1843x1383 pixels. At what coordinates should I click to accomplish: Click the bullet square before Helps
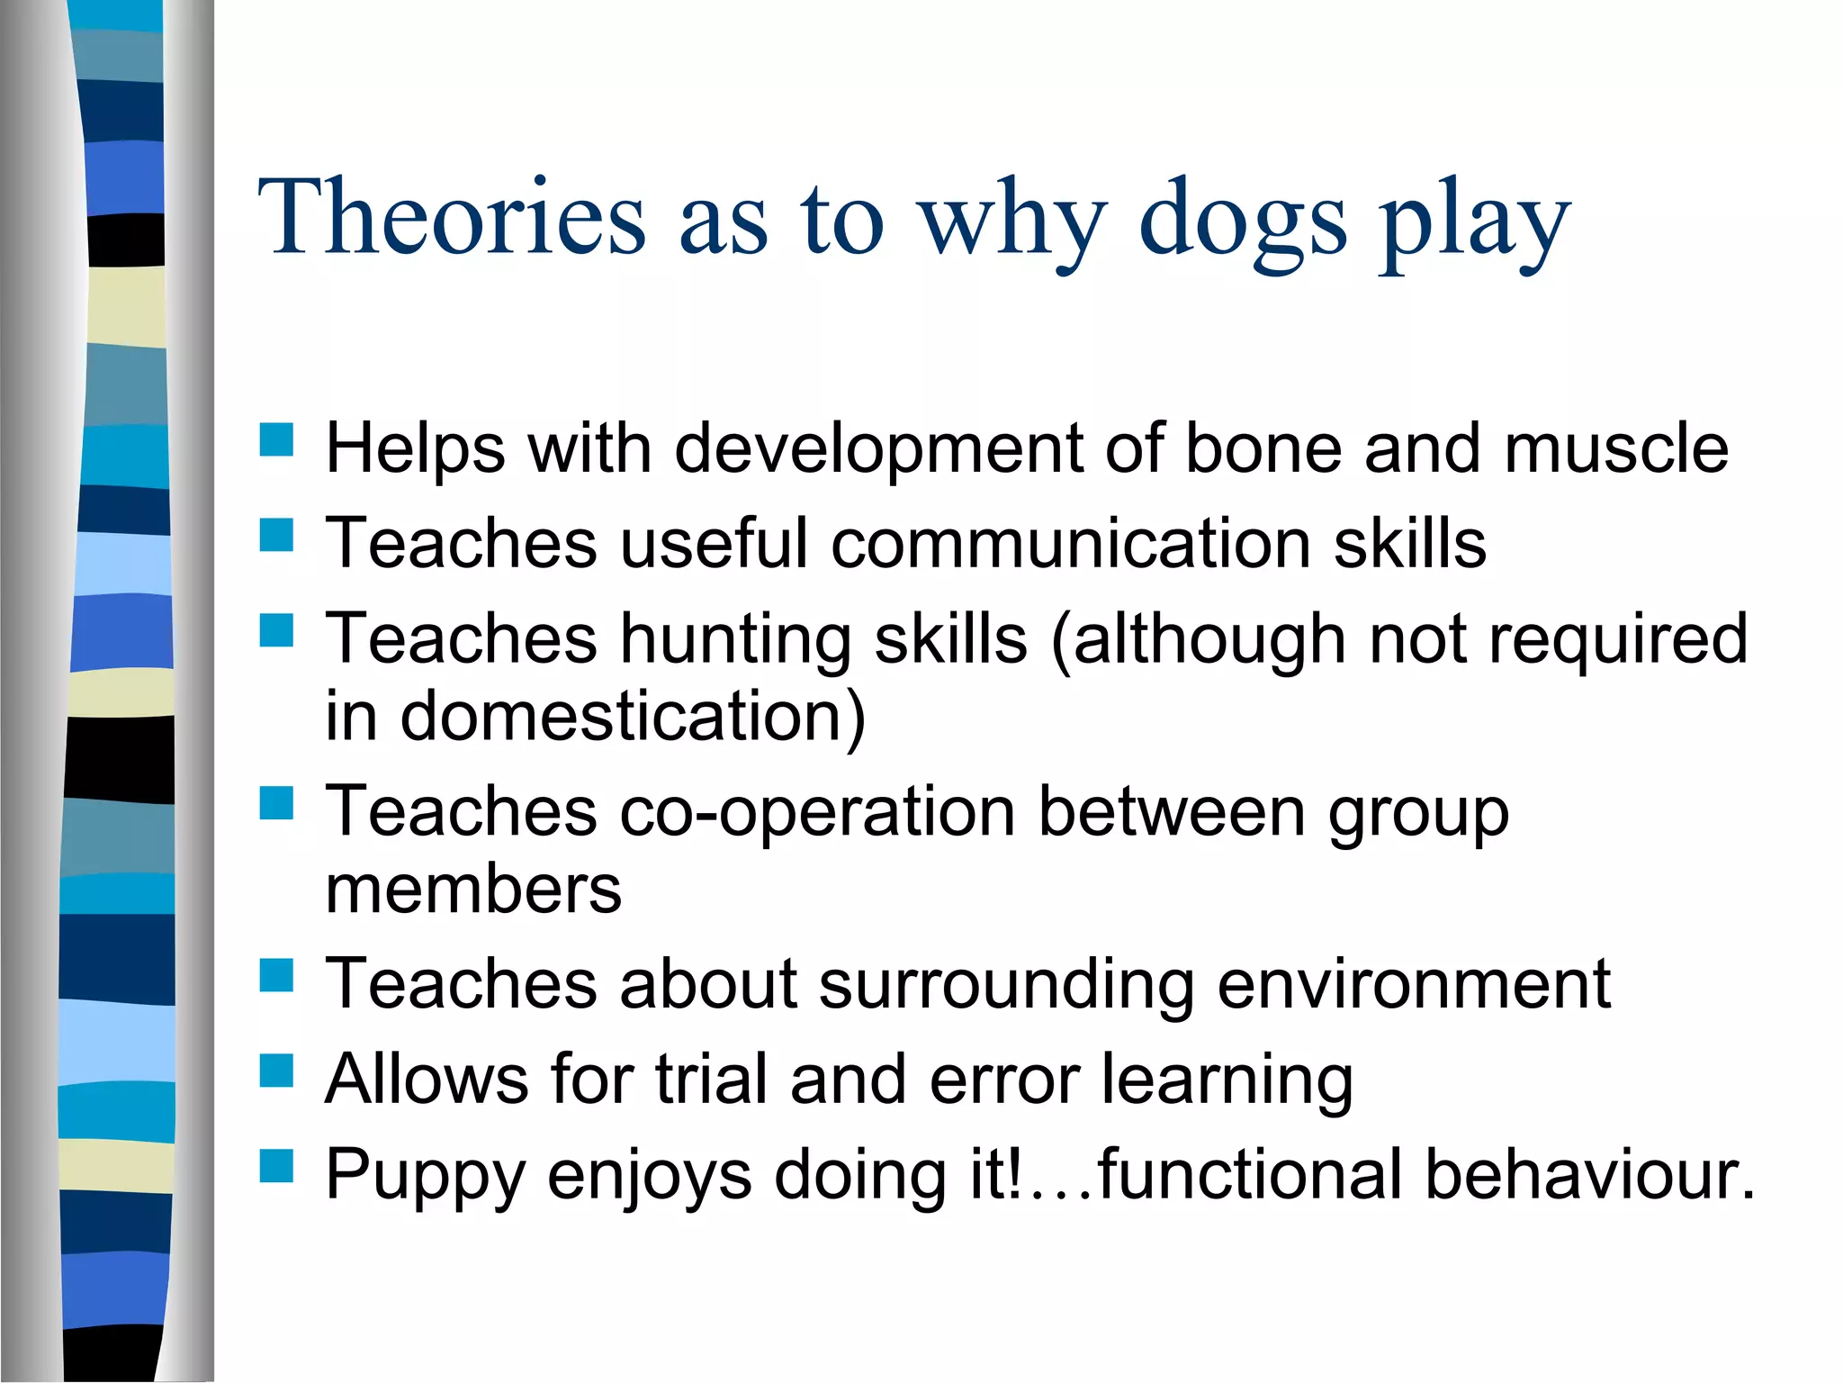click(x=276, y=440)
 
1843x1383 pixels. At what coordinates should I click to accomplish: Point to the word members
click(x=473, y=890)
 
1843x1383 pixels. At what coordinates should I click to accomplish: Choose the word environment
click(x=1413, y=983)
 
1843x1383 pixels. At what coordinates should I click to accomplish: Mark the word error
click(x=1004, y=1079)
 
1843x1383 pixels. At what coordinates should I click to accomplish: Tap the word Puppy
click(x=425, y=1176)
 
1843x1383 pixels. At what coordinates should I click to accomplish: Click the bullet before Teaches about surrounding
click(x=276, y=975)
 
